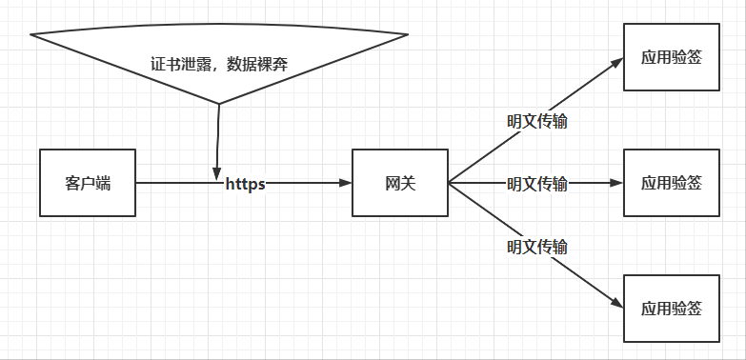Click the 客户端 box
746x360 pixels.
point(88,182)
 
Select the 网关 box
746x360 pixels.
point(399,182)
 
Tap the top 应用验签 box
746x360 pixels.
point(672,56)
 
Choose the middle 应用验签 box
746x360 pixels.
point(672,182)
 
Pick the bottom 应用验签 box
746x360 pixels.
point(672,308)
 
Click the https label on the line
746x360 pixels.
point(245,183)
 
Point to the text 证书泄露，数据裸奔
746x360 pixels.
point(219,66)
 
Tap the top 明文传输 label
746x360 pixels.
point(536,121)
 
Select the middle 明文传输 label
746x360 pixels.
point(536,183)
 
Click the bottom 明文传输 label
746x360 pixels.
point(536,246)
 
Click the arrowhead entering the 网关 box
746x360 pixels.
point(346,182)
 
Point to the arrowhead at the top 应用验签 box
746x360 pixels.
point(617,63)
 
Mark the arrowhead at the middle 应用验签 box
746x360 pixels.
point(617,182)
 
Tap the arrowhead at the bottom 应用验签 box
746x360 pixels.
point(617,304)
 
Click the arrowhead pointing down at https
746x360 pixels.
point(217,169)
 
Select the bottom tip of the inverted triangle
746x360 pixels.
point(219,103)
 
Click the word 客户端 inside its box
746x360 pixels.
point(88,182)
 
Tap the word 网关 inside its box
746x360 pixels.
point(399,182)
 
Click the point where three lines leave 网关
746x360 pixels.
point(449,182)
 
